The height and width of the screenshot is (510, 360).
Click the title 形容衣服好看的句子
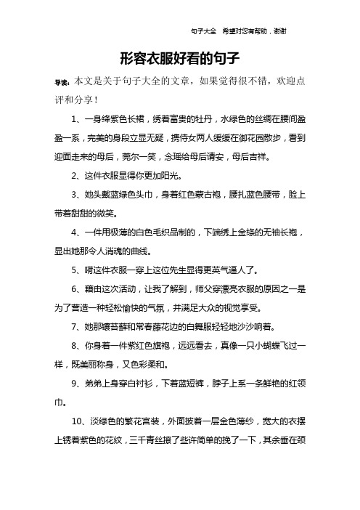click(179, 57)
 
